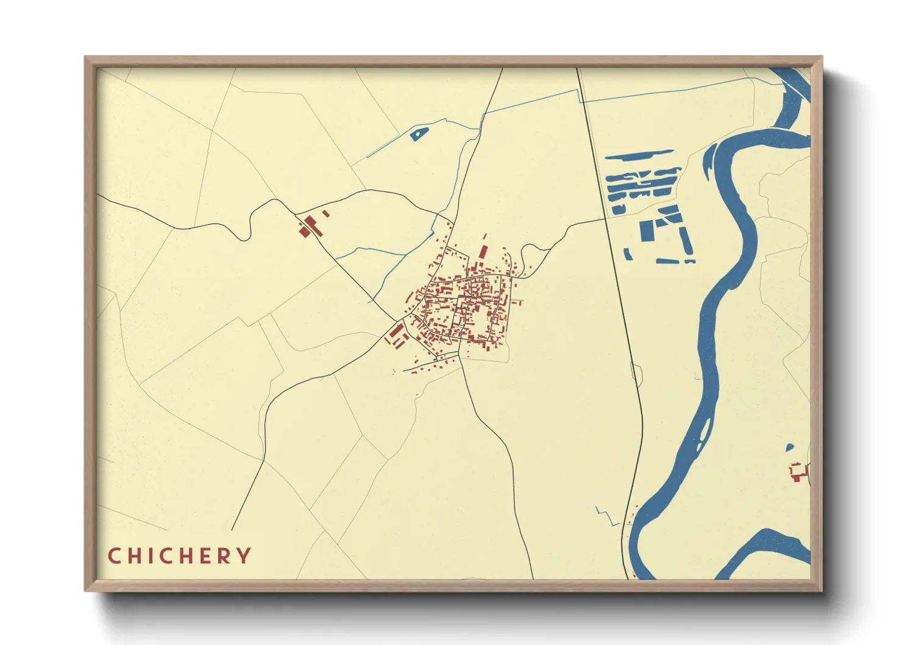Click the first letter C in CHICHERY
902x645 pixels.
coord(114,556)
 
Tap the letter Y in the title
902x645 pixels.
coord(244,556)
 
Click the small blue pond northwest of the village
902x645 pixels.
coord(418,133)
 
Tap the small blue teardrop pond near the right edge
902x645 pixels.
coord(790,447)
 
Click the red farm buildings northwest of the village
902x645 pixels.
coord(309,226)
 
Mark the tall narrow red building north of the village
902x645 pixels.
coord(483,252)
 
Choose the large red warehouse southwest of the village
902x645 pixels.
coord(397,332)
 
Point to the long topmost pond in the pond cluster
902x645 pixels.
coord(639,155)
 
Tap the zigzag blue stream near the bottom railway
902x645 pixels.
coord(606,516)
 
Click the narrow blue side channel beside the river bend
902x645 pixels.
coord(708,161)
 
